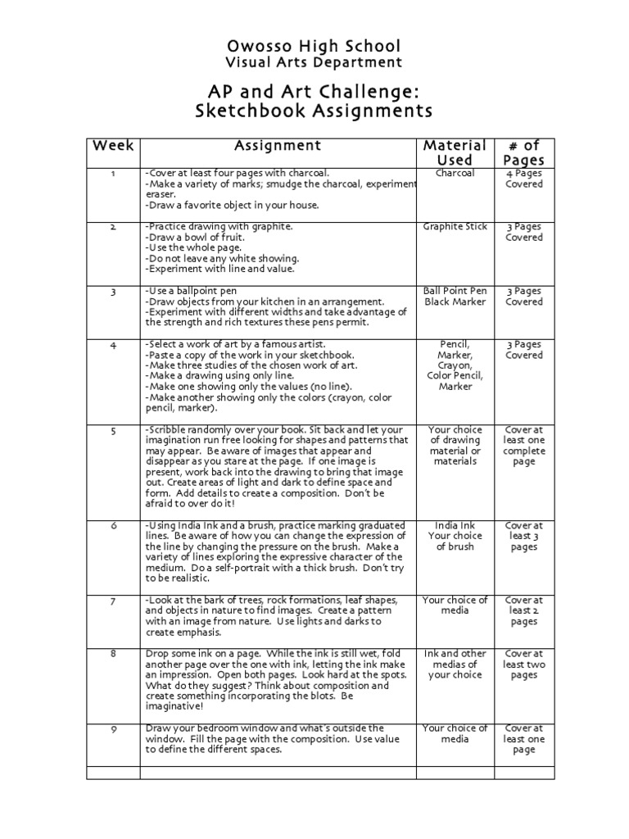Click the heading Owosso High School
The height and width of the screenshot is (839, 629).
click(314, 46)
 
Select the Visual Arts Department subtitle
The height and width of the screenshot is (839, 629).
click(314, 62)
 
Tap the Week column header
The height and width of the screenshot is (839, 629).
click(113, 146)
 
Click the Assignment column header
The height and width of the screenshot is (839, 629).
click(278, 146)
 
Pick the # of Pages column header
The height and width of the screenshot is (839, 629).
click(524, 153)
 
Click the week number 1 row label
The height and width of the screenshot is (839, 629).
click(113, 174)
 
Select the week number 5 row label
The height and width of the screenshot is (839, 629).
click(113, 430)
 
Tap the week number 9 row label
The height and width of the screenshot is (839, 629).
click(113, 728)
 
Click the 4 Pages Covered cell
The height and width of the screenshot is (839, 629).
click(524, 179)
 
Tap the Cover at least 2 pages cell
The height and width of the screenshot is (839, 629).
click(524, 610)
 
